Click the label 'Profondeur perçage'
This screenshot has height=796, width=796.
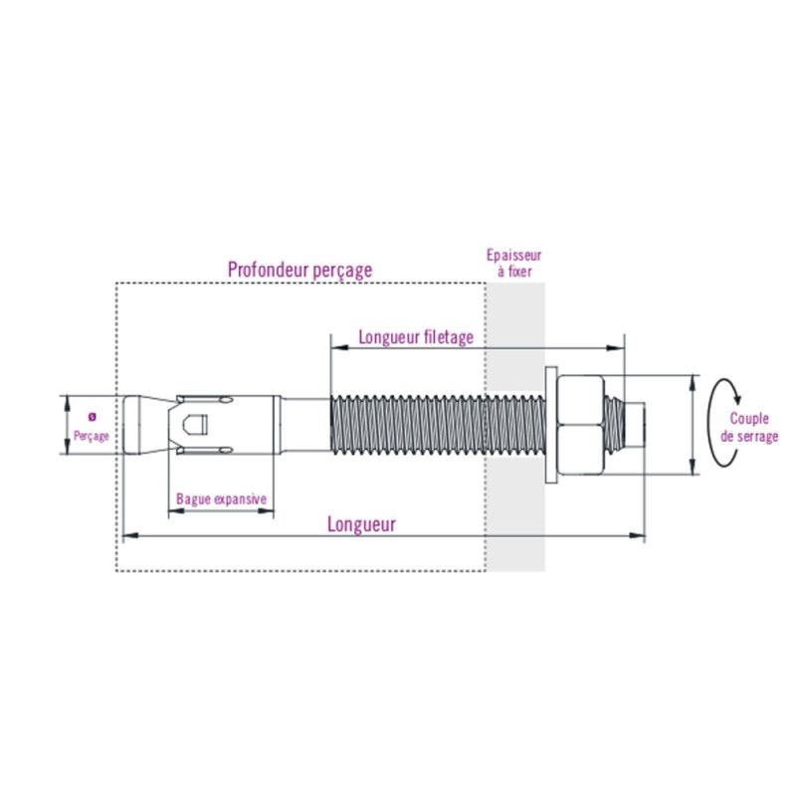[299, 269]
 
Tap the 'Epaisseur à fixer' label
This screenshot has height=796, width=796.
[512, 263]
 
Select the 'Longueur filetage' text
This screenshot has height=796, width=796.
[416, 337]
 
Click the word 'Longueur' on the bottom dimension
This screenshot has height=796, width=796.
[361, 524]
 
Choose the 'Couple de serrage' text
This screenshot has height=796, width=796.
[753, 428]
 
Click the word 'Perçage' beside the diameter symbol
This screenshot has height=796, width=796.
[91, 436]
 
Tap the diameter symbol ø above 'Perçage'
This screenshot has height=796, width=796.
[92, 416]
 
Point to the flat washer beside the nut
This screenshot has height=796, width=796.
[551, 426]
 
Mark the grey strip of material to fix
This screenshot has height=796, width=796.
[516, 497]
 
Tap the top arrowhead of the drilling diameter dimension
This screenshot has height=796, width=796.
[68, 400]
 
